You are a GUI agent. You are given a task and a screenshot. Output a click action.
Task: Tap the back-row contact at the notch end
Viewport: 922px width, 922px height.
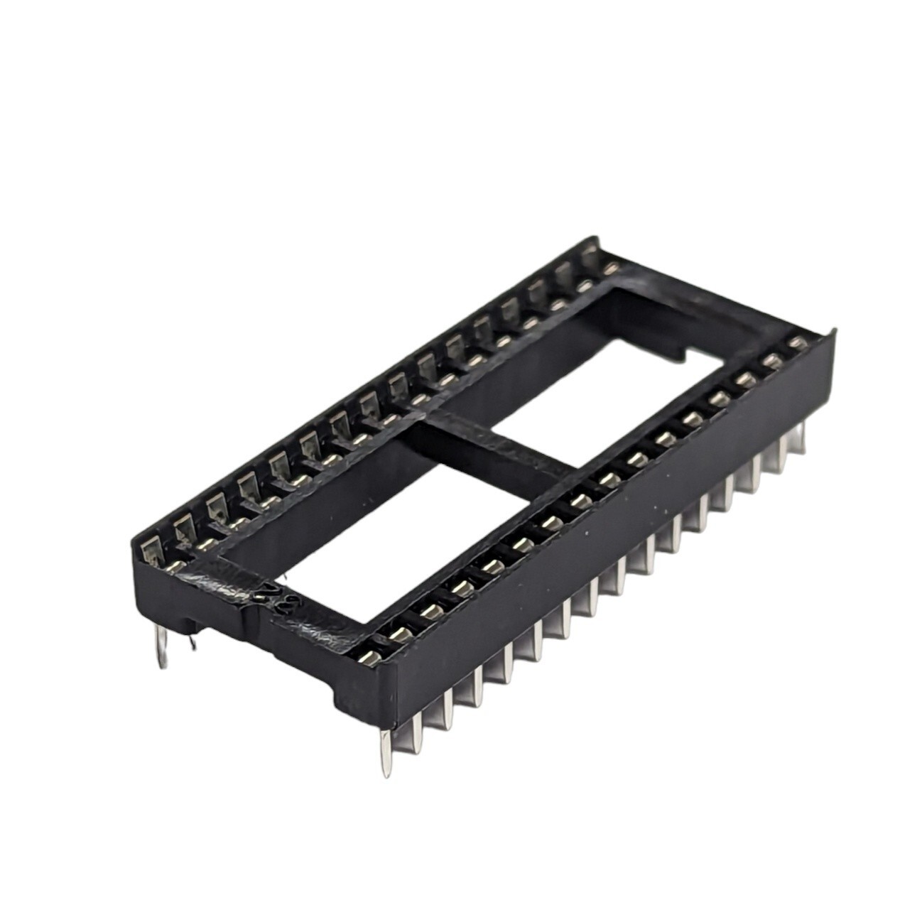pos(609,267)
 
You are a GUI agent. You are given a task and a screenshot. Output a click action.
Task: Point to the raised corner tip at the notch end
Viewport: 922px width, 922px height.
pos(832,333)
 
